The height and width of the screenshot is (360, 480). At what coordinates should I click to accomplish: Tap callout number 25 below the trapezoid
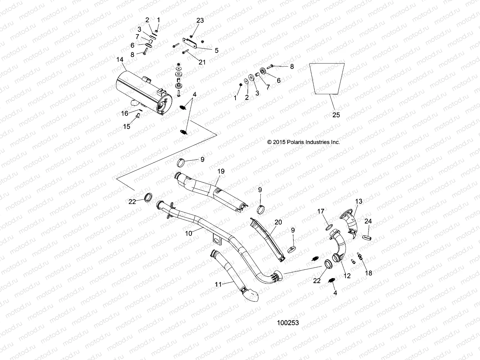coord(336,115)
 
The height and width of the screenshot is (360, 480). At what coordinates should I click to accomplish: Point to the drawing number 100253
coord(288,323)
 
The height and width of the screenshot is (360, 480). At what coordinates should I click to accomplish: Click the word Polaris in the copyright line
coord(289,142)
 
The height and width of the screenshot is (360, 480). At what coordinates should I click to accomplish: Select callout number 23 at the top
coord(200,20)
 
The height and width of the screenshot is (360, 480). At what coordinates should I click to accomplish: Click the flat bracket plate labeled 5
coord(189,43)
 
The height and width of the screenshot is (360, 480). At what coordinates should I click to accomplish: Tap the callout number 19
coord(221,171)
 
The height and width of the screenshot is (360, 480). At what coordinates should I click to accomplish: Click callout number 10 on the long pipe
coord(188,233)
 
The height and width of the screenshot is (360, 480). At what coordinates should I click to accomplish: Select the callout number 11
coord(218,284)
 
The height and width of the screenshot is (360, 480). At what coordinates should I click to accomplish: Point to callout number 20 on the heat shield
coord(278,222)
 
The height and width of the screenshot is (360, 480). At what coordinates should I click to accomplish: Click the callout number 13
coord(359,201)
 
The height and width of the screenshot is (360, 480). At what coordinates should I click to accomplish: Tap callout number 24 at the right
coord(368,221)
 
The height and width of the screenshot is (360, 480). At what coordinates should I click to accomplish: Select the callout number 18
coord(368,273)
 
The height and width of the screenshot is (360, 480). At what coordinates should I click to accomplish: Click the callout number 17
coord(321,211)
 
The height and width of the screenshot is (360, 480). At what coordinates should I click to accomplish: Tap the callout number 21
coord(202,62)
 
